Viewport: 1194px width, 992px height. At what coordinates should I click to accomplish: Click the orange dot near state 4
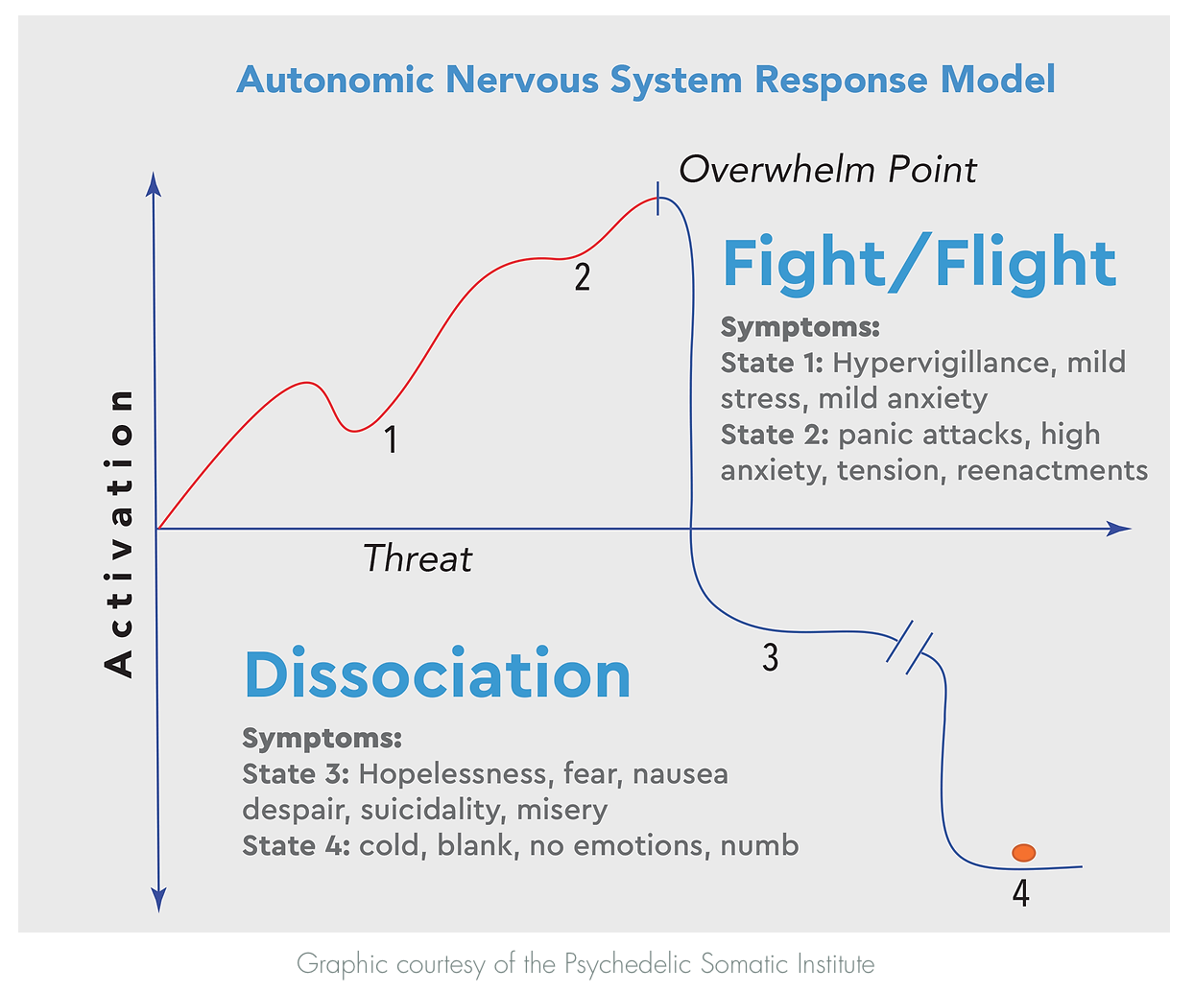coord(1023,852)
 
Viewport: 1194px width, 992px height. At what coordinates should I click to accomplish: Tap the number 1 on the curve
coord(391,439)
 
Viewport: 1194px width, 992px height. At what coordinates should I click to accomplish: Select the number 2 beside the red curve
coord(582,277)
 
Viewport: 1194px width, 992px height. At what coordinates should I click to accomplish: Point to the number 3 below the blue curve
coord(770,657)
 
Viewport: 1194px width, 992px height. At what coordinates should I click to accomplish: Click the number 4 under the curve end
coord(1020,893)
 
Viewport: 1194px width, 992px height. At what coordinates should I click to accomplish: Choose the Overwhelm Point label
coord(827,170)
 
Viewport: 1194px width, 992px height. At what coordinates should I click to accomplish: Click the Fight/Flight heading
coord(919,263)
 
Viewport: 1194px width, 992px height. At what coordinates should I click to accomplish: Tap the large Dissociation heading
coord(438,674)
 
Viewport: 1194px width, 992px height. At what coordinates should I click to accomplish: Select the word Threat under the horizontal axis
coord(418,558)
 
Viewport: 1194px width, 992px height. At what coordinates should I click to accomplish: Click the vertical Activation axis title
coord(119,532)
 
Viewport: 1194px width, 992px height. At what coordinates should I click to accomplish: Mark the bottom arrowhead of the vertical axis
coord(159,900)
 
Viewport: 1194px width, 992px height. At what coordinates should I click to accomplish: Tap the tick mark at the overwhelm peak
coord(657,198)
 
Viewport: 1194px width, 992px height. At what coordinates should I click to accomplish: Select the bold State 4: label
coord(296,845)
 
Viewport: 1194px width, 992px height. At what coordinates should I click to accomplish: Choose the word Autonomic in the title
coord(335,80)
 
